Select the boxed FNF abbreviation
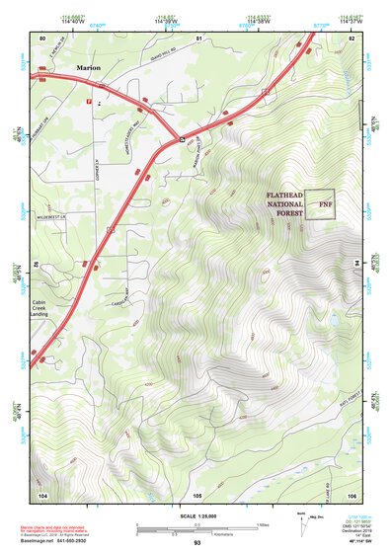[x=319, y=204]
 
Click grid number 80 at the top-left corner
[x=42, y=38]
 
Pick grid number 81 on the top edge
[x=198, y=38]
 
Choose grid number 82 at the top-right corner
[x=352, y=38]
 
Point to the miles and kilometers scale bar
[x=196, y=528]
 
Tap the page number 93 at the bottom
[x=196, y=543]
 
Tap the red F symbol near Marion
[x=90, y=101]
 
